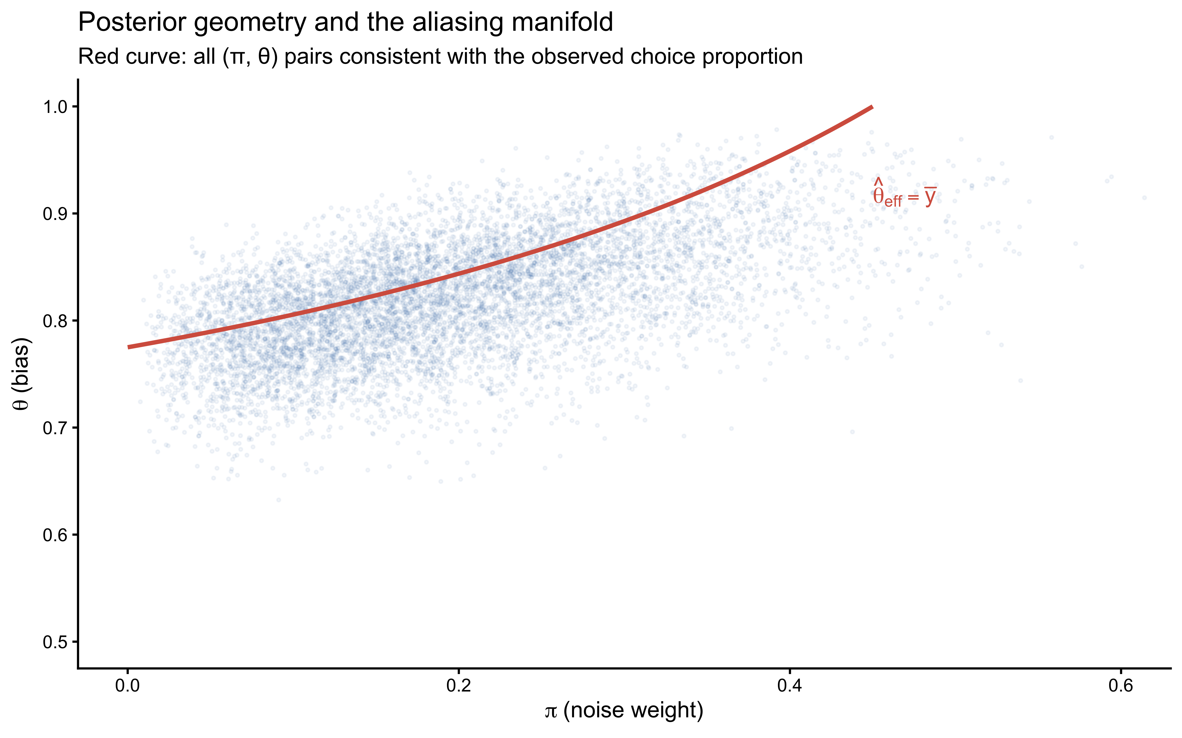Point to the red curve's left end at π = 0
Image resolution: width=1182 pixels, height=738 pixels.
coord(129,347)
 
